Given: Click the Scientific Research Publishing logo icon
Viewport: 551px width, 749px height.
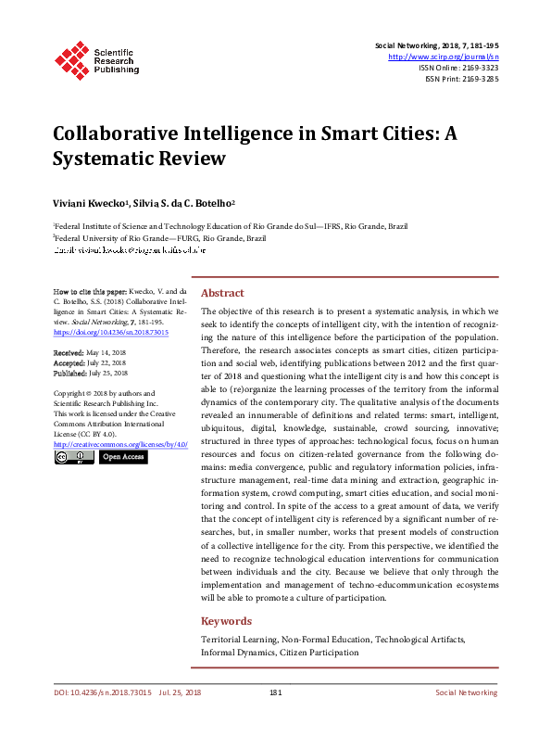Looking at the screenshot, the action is (71, 58).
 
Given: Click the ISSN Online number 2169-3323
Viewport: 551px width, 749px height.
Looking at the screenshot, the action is (478, 68).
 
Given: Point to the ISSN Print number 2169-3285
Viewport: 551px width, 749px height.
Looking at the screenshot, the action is (478, 79).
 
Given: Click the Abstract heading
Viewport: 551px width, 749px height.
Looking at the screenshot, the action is (222, 292).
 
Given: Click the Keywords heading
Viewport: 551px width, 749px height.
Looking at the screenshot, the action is (226, 621).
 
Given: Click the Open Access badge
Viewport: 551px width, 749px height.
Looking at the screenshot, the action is (122, 457).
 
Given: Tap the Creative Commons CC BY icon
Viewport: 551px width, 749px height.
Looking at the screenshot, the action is (73, 457).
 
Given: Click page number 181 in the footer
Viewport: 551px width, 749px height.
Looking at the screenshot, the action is (275, 718).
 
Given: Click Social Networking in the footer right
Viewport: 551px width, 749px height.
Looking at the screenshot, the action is (466, 718).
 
